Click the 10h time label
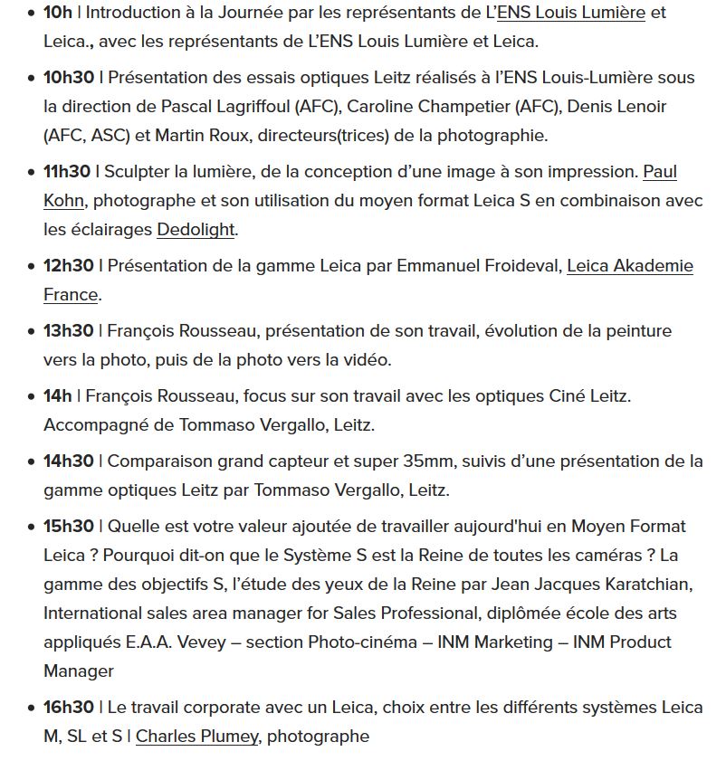57,13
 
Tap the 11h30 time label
67,172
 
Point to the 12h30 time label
68,266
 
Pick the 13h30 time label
68,331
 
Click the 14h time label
57,396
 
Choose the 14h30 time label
68,461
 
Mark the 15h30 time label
68,527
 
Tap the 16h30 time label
68,708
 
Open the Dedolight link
196,230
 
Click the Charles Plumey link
196,737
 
